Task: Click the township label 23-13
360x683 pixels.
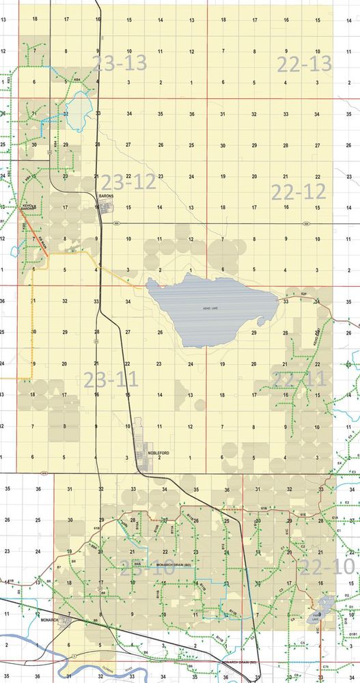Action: [x=120, y=64]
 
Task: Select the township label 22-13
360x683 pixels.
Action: [x=304, y=64]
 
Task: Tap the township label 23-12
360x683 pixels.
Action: [x=128, y=182]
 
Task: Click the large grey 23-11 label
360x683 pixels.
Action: [x=110, y=380]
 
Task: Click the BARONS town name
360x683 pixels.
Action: [x=106, y=196]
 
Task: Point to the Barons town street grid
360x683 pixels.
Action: [x=108, y=207]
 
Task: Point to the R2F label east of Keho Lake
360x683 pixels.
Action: [x=304, y=293]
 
